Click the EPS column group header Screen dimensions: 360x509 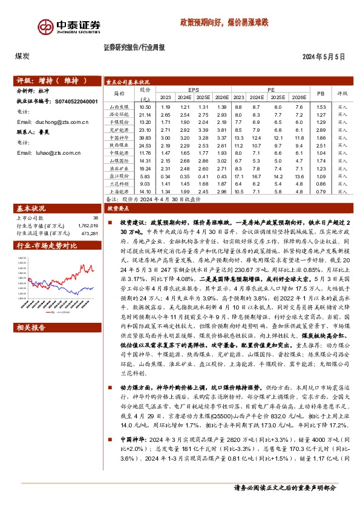[193, 89]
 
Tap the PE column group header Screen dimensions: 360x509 [269, 89]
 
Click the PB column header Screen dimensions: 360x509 [321, 93]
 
